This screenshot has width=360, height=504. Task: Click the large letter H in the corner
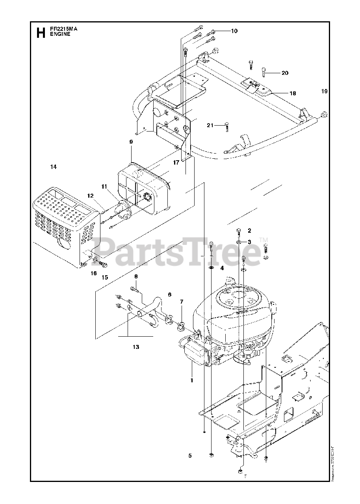(x=40, y=33)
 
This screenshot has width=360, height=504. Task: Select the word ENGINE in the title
(x=60, y=34)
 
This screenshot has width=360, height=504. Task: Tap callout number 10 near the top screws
(x=234, y=31)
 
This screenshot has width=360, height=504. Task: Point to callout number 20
(x=285, y=73)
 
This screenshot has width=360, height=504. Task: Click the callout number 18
(x=293, y=93)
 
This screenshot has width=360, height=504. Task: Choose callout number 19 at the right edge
(x=324, y=91)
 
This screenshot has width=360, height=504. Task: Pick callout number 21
(x=210, y=125)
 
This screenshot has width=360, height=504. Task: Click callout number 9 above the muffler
(x=131, y=142)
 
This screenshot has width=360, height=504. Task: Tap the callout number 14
(x=54, y=167)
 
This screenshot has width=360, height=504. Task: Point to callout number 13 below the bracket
(x=135, y=347)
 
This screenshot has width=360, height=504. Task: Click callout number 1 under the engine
(x=191, y=380)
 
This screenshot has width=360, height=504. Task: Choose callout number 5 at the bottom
(x=190, y=456)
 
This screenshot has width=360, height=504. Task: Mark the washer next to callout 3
(x=239, y=241)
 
